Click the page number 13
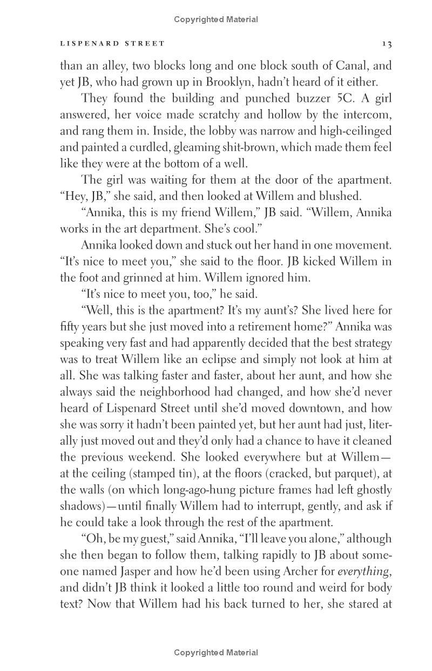[386, 44]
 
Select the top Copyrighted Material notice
[216, 19]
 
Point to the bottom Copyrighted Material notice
[216, 653]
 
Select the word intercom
[367, 115]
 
